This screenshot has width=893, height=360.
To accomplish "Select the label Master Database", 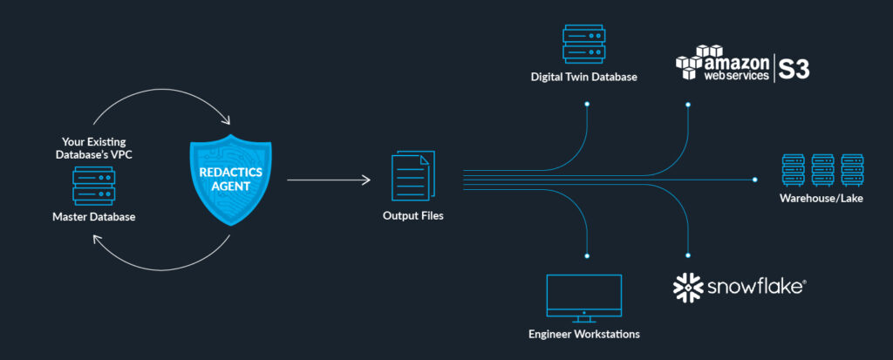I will (x=93, y=217).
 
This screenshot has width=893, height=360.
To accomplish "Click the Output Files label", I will (x=412, y=215).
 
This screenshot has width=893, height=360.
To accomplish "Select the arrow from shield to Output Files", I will (x=328, y=180).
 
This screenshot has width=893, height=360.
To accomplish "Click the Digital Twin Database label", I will (x=584, y=77).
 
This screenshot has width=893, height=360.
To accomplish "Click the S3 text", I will (x=794, y=69).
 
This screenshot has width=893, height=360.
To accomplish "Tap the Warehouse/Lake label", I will (x=822, y=199).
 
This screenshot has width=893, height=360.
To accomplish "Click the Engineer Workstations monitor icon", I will (x=583, y=295).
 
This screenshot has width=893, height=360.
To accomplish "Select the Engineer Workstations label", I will (x=584, y=334).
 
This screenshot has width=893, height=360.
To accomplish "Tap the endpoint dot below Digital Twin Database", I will (x=587, y=105).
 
